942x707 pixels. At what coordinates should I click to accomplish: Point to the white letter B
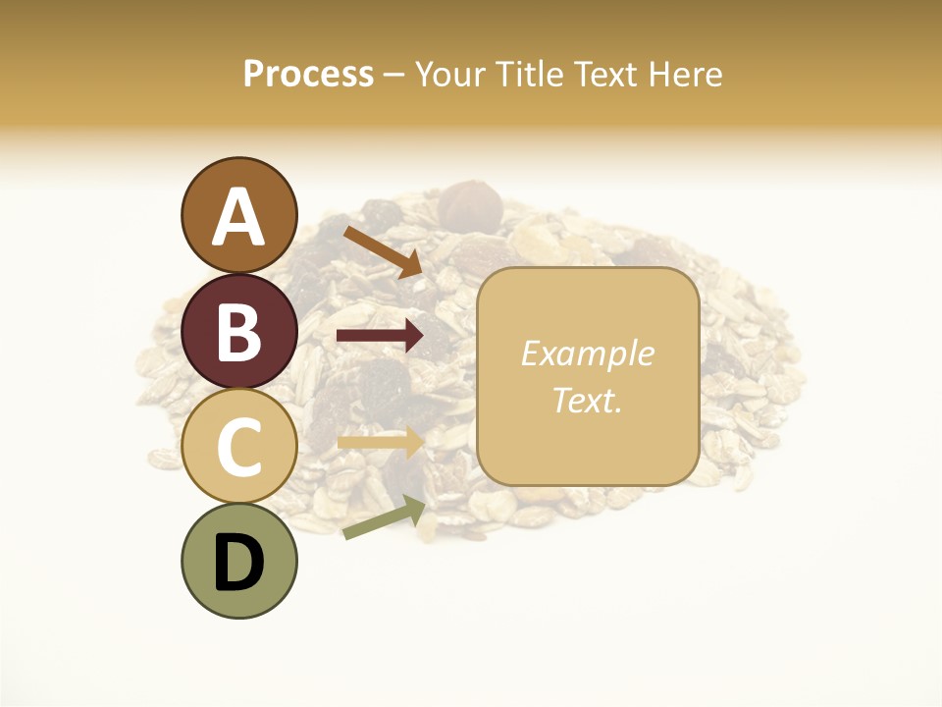point(238,332)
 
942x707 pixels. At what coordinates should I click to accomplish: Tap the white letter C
point(238,447)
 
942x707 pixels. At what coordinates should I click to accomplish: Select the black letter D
point(238,563)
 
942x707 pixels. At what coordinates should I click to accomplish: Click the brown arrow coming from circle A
point(383,251)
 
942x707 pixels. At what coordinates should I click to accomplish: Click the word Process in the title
point(308,74)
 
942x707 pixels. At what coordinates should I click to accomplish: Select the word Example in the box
point(587,353)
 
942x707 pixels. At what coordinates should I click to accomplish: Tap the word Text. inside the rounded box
point(587,400)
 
